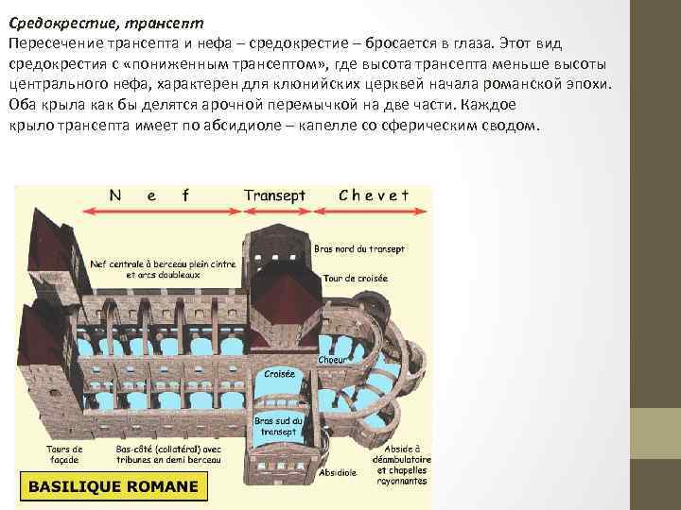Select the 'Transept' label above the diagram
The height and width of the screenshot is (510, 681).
274,195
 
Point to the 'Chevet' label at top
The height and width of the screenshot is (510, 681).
374,195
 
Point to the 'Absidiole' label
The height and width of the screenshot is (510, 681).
339,471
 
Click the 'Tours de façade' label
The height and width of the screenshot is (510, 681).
64,455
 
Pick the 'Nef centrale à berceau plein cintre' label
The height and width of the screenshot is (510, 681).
163,263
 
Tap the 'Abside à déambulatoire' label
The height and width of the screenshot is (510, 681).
402,455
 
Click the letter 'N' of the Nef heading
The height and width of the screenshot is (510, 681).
114,196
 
